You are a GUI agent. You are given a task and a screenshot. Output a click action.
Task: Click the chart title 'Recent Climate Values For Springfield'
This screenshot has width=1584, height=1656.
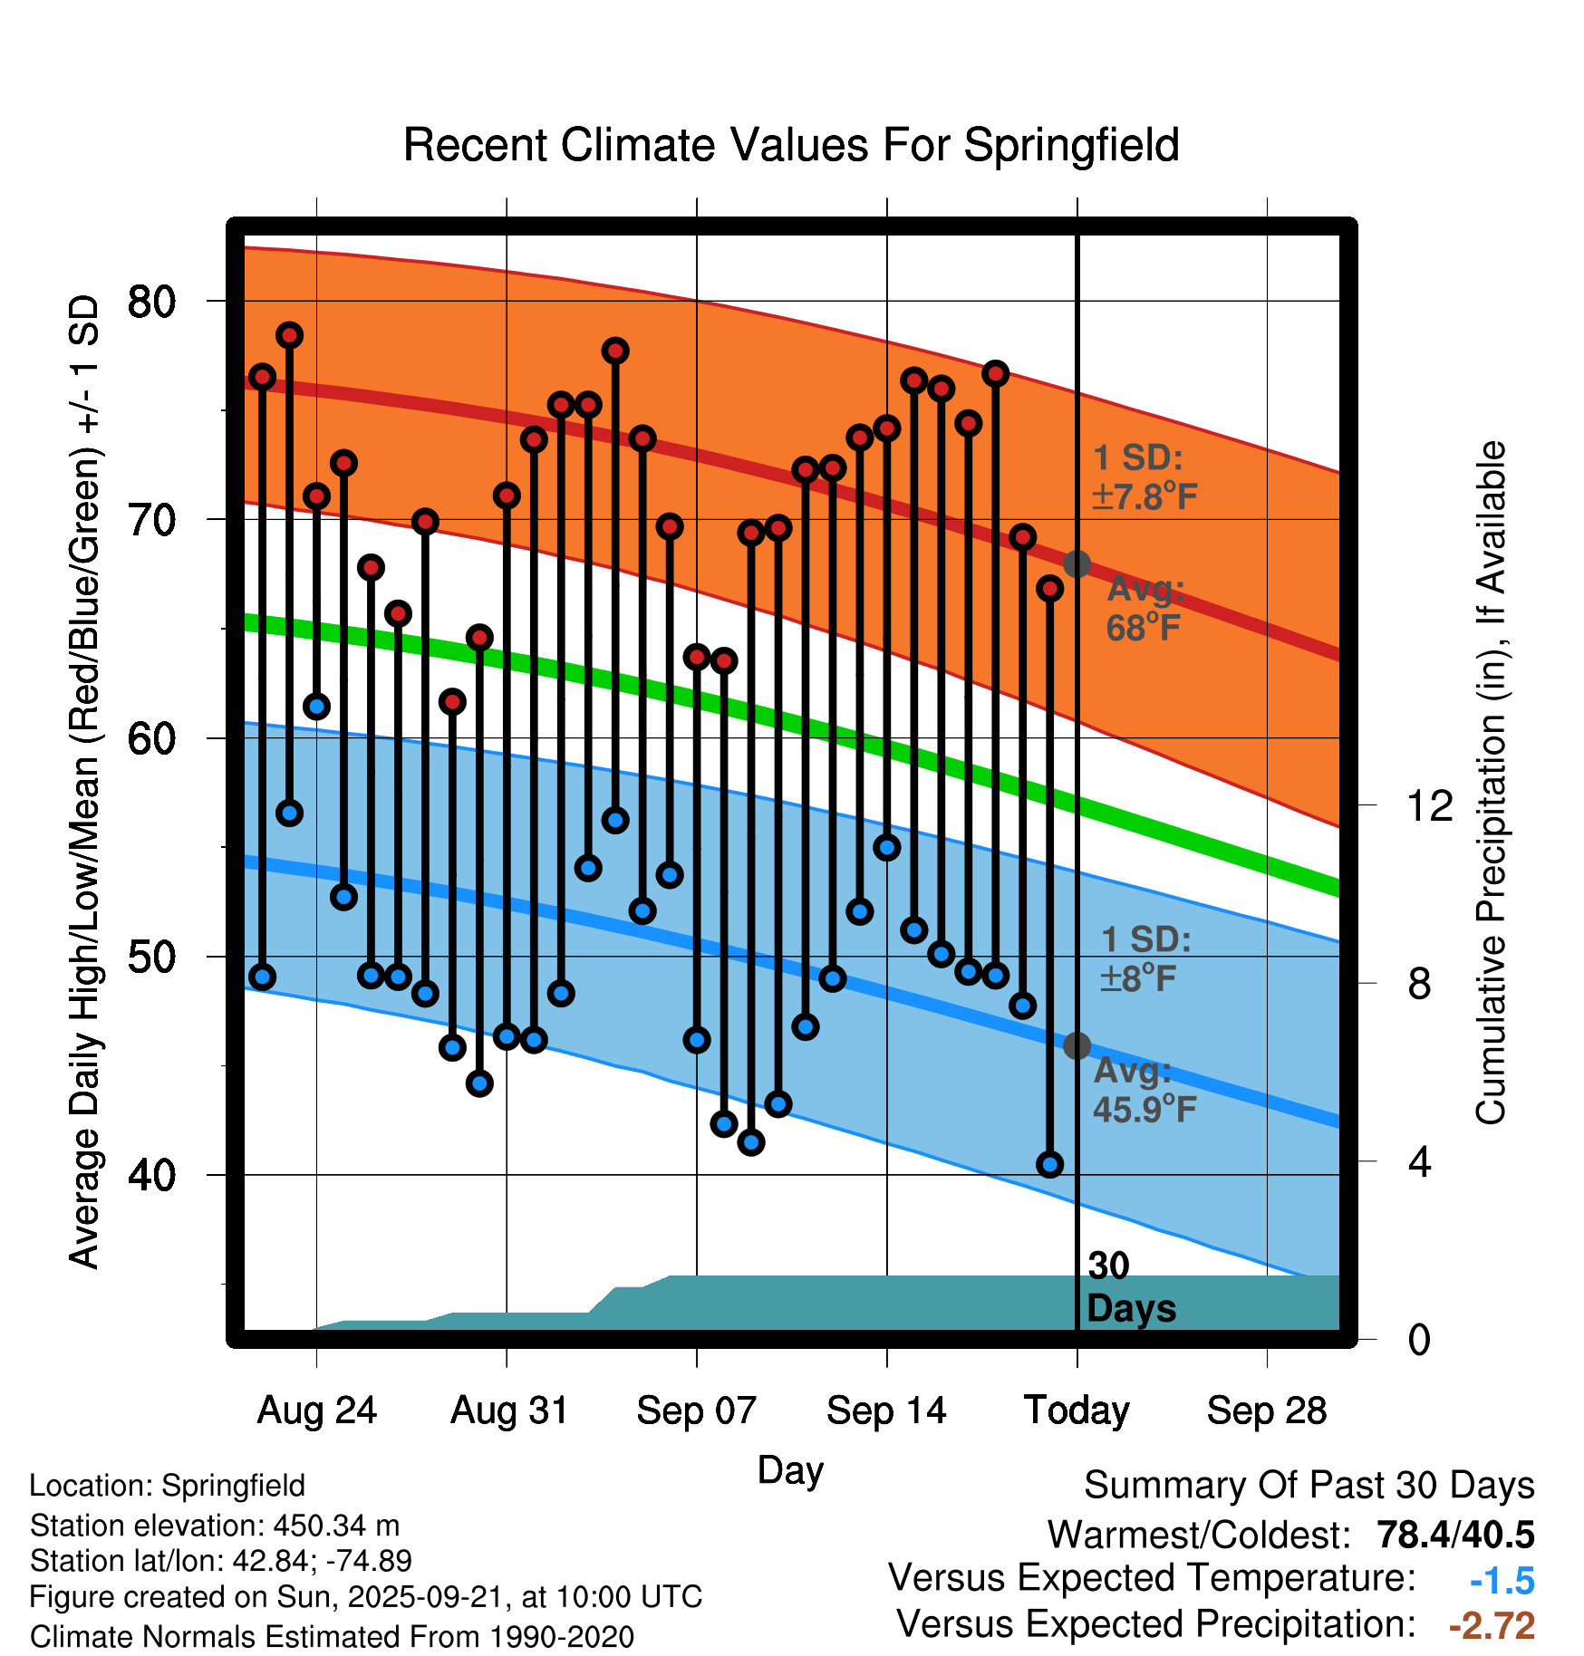(x=791, y=145)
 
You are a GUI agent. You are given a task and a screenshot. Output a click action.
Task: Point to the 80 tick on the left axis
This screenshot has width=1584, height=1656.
(x=151, y=302)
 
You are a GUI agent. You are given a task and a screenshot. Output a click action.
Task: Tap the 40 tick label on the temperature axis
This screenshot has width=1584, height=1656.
(x=151, y=1176)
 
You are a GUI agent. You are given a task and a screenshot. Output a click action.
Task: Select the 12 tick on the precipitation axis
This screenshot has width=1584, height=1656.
(x=1430, y=805)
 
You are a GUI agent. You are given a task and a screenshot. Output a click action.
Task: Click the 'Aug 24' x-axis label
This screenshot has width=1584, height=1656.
(x=316, y=1410)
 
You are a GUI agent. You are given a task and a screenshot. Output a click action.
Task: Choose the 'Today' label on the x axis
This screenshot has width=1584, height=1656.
(x=1077, y=1410)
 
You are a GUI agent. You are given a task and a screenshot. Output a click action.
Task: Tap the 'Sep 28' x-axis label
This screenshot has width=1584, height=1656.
(x=1266, y=1410)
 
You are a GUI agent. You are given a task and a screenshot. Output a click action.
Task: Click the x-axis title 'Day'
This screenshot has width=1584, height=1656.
(x=790, y=1469)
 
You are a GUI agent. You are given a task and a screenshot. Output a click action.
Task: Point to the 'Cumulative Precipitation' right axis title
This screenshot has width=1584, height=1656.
(x=1490, y=783)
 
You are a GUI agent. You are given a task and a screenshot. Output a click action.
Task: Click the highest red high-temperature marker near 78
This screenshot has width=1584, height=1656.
(x=289, y=335)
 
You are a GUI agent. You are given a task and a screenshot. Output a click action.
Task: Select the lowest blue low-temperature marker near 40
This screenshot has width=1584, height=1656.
(x=1049, y=1164)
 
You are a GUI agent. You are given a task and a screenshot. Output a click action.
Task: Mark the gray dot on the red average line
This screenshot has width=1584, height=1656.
(x=1077, y=564)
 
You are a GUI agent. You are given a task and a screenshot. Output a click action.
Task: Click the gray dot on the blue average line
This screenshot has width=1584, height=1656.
(x=1077, y=1045)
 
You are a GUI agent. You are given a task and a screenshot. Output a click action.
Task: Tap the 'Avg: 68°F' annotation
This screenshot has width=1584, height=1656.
(x=1145, y=608)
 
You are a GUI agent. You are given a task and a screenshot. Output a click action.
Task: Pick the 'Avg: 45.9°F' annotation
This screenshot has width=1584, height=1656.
(x=1144, y=1090)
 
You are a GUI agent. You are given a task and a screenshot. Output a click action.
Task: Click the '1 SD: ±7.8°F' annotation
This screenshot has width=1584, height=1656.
(x=1144, y=477)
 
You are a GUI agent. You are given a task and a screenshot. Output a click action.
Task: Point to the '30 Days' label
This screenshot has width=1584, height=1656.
(x=1130, y=1287)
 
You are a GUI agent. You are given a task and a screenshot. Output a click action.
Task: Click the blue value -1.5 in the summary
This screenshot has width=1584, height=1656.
(x=1502, y=1581)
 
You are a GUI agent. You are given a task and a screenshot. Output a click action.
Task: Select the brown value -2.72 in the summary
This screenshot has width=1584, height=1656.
(x=1492, y=1626)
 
